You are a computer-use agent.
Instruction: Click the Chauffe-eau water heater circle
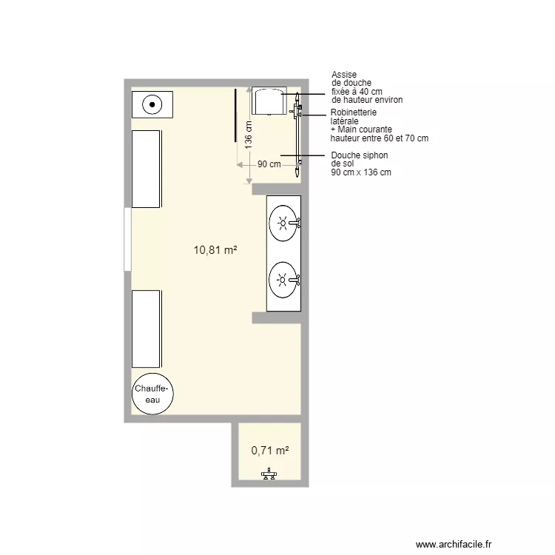tap(152, 394)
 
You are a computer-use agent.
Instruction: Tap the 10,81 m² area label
tap(215, 250)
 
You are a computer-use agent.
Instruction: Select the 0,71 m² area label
tap(269, 449)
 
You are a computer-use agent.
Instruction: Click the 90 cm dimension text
tap(269, 164)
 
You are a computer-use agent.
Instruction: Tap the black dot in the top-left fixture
tap(152, 104)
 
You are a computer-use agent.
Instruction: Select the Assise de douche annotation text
tap(366, 87)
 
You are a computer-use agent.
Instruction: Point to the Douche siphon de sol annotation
tap(360, 164)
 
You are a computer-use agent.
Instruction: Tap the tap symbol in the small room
tap(268, 475)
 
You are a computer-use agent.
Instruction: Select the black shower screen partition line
tap(235, 115)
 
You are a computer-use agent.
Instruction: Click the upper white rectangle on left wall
tap(147, 169)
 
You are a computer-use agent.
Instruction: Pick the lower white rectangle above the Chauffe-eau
tap(147, 329)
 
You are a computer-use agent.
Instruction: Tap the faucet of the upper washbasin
tap(296, 221)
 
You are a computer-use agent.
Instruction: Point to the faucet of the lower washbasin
tap(297, 279)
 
